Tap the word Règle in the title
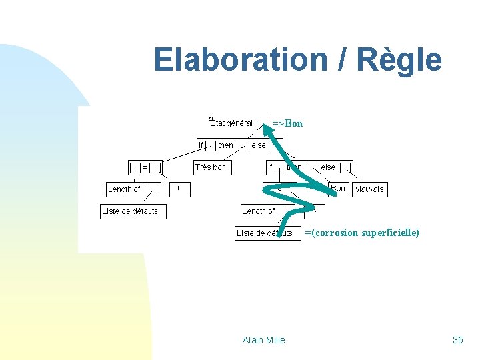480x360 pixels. pos(399,60)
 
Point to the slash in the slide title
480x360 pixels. pos(342,60)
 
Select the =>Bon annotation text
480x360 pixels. pos(287,123)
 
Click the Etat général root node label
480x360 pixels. pos(231,123)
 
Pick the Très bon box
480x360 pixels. pos(211,167)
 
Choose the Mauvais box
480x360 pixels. pos(369,189)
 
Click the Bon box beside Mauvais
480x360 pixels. pos(338,189)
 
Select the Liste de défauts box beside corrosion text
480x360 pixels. pos(265,233)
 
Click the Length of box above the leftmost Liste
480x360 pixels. pos(124,189)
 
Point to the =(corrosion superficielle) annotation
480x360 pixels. pos(362,233)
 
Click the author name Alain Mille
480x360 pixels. pos(263,340)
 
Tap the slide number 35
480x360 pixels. pos(457,340)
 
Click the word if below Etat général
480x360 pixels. pos(201,145)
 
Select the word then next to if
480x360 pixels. pos(225,145)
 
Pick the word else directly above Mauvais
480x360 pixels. pos(328,167)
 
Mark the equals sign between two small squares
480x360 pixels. pos(145,167)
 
